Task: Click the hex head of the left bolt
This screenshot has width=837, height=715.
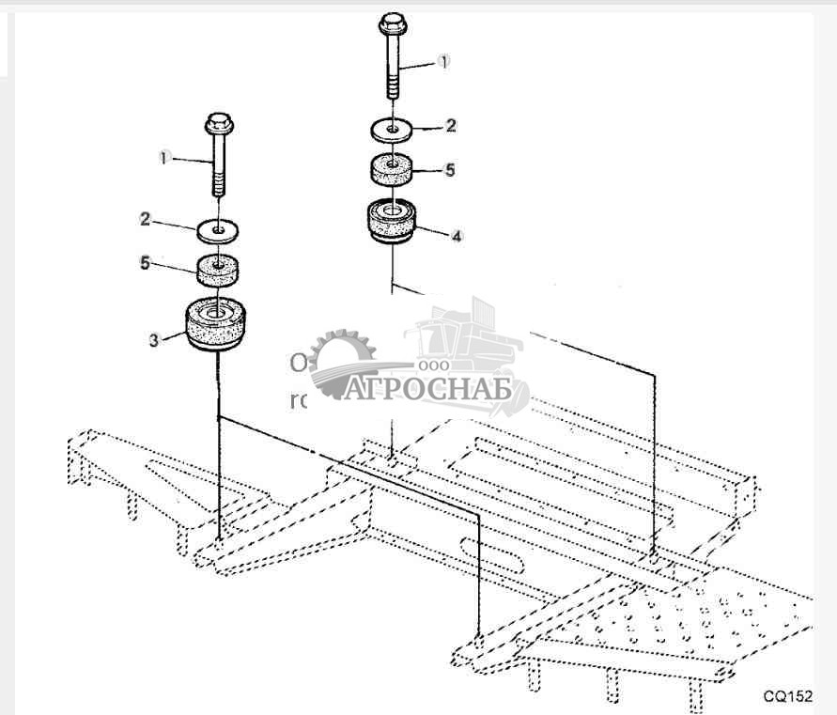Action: point(218,123)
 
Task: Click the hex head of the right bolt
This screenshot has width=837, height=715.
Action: point(392,22)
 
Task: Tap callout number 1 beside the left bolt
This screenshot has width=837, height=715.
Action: point(163,158)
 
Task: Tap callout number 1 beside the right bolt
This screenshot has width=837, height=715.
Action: point(444,60)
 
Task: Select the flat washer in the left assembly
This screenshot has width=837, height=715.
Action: point(219,227)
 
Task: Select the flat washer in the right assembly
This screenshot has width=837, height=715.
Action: point(392,126)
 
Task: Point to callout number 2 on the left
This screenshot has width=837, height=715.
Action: point(146,218)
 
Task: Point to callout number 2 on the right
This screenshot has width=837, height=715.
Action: point(451,125)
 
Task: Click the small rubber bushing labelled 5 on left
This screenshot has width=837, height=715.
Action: point(218,268)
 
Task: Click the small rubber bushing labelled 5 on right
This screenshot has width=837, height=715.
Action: point(391,170)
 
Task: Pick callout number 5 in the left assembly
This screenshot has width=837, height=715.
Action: point(146,264)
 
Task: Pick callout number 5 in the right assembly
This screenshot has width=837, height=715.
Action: point(450,170)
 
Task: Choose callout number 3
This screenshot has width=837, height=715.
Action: point(153,339)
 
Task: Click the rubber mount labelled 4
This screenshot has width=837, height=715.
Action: point(391,223)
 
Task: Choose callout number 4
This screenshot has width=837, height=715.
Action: point(456,237)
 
